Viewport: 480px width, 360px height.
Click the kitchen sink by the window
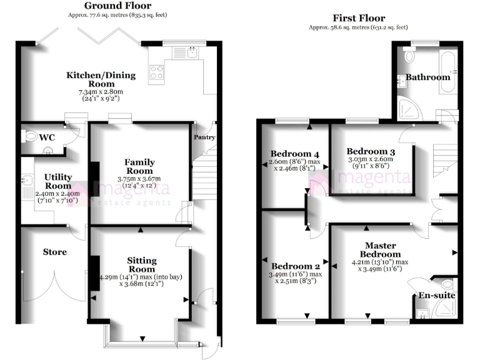pyautogui.click(x=192, y=52)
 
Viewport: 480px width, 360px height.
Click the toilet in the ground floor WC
pyautogui.click(x=29, y=136)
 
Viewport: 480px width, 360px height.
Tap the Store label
pyautogui.click(x=54, y=252)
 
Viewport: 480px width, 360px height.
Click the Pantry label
pyautogui.click(x=204, y=137)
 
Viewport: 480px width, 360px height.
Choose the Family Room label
pyautogui.click(x=139, y=167)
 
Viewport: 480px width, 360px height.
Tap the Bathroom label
pyautogui.click(x=427, y=77)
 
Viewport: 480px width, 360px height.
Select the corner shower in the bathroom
pyautogui.click(x=409, y=109)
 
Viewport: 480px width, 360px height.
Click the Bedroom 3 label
pyautogui.click(x=371, y=151)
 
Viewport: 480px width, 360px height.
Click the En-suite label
pyautogui.click(x=436, y=295)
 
